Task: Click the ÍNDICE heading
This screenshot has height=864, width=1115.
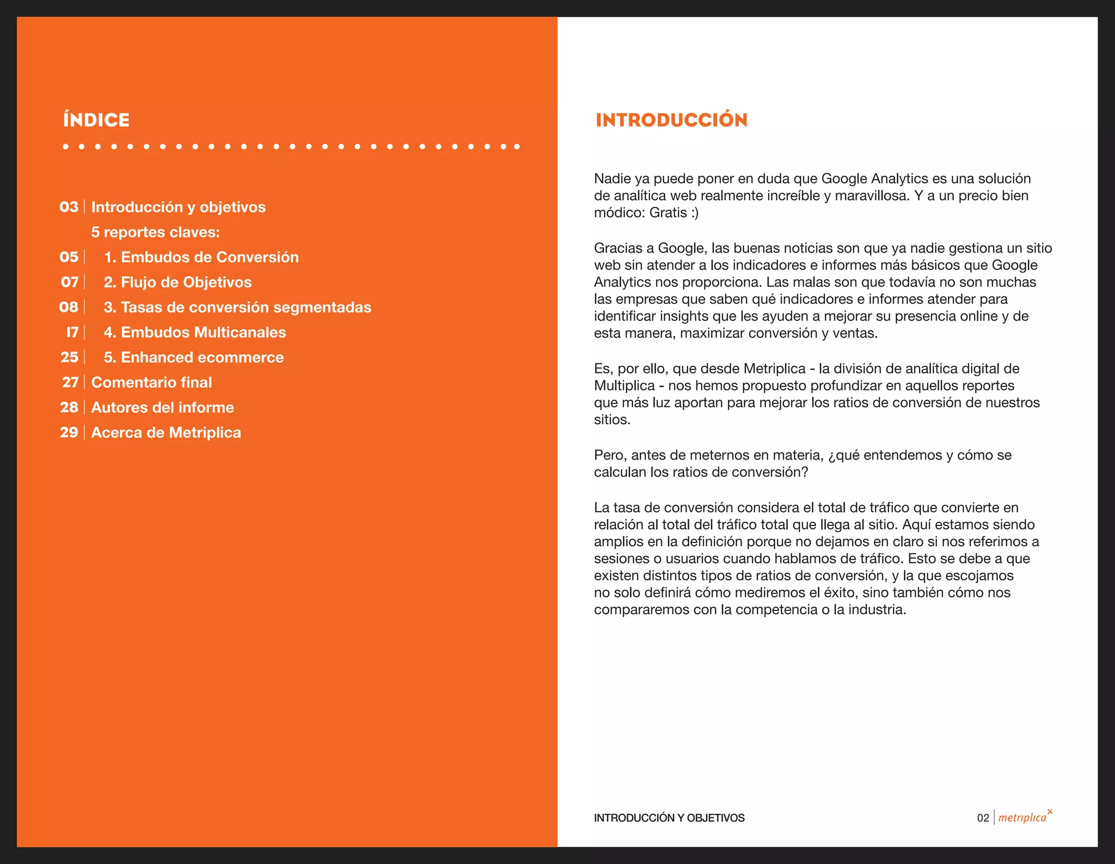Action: click(x=96, y=120)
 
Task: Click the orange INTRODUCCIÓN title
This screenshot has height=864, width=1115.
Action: click(x=671, y=120)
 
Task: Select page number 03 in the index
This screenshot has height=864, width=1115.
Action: click(x=69, y=207)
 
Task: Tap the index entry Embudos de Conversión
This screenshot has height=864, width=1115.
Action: click(x=201, y=257)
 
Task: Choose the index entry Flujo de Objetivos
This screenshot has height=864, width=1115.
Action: click(x=177, y=282)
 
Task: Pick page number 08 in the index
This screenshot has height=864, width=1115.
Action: click(x=69, y=307)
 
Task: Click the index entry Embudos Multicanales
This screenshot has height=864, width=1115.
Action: click(x=194, y=332)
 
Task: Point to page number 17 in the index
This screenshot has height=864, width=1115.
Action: click(x=72, y=332)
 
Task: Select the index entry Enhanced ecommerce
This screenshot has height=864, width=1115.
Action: click(x=193, y=357)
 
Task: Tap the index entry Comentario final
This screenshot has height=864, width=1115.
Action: click(x=151, y=382)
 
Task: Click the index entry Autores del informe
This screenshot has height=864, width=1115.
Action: click(x=162, y=407)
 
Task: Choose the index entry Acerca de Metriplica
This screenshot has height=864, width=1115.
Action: click(x=166, y=432)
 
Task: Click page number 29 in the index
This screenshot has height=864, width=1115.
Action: click(x=69, y=432)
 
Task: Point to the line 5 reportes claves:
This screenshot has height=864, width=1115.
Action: click(x=155, y=232)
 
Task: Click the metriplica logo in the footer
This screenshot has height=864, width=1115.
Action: click(x=1024, y=817)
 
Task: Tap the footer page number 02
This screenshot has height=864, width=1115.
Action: click(x=983, y=818)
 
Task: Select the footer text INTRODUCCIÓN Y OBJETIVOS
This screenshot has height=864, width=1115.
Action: click(x=669, y=818)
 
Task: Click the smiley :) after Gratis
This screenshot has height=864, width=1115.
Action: click(x=694, y=212)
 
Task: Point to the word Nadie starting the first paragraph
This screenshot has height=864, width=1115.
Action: click(x=612, y=179)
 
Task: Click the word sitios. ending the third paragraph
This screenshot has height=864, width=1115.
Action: click(x=612, y=420)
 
